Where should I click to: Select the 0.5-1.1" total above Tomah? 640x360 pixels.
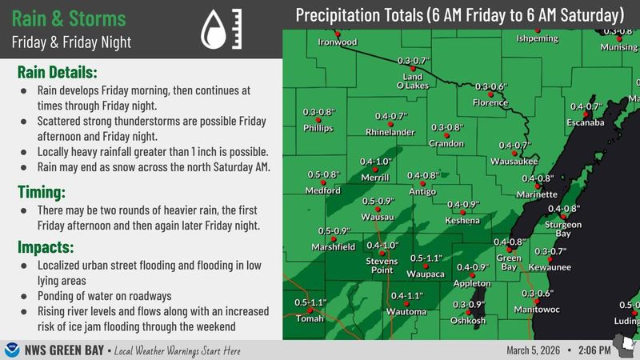[x=310, y=302]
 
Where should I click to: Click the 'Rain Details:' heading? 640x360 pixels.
[x=58, y=72]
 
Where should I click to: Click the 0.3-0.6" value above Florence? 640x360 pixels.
[x=491, y=86]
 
